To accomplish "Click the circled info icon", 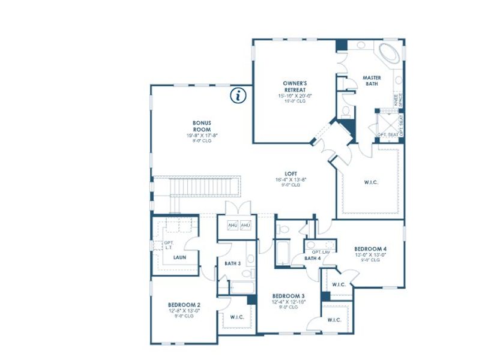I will tap(239, 95).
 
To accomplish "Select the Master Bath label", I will tap(372, 80).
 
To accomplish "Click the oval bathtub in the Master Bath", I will tap(391, 54).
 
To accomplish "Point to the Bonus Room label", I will tap(202, 126).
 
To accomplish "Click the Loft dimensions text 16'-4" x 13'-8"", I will tap(291, 179).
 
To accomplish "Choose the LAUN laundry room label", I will tap(179, 257).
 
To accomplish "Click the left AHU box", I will tap(233, 225).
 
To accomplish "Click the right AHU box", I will tap(245, 225).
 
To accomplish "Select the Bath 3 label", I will tap(233, 263).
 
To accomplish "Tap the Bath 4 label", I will tap(312, 259).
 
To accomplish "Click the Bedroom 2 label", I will tap(184, 305).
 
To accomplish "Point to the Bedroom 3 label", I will tap(289, 296).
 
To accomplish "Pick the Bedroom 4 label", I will tap(370, 249).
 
